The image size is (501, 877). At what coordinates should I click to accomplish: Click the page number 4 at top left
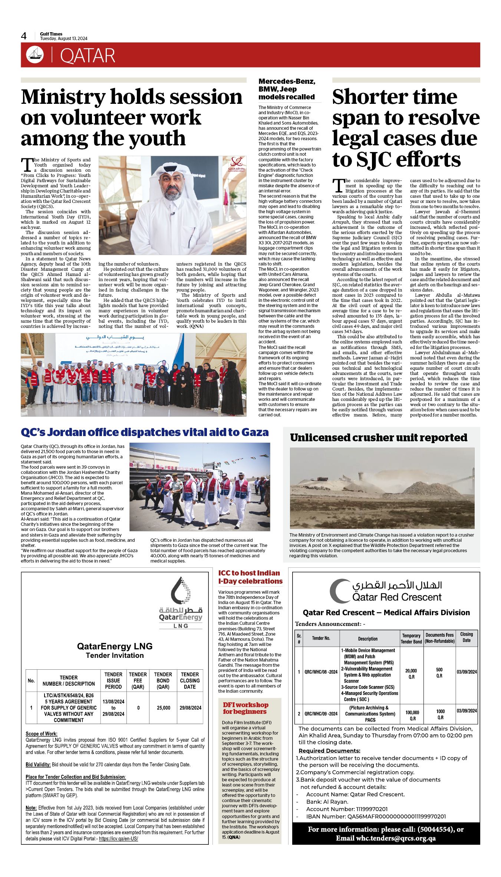(24, 36)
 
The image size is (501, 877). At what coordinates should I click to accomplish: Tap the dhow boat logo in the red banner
(34, 55)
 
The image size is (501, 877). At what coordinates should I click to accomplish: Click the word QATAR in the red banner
(88, 56)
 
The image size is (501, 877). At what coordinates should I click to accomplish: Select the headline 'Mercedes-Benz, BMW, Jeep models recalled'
(287, 89)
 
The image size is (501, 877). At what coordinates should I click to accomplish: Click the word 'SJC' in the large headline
(377, 159)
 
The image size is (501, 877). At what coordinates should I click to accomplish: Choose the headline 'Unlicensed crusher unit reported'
(378, 438)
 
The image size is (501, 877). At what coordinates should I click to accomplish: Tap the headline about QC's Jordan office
(145, 432)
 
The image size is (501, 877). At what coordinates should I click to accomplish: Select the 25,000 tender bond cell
(163, 708)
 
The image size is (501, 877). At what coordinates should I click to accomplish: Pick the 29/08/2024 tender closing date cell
(190, 708)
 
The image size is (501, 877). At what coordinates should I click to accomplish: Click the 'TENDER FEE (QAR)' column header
(138, 680)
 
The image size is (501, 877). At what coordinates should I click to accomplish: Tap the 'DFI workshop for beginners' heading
(245, 708)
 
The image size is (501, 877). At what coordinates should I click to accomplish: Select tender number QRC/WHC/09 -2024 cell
(321, 713)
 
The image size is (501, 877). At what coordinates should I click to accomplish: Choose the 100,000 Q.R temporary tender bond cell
(412, 715)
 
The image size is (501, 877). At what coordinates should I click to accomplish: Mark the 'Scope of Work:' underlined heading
(42, 733)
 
